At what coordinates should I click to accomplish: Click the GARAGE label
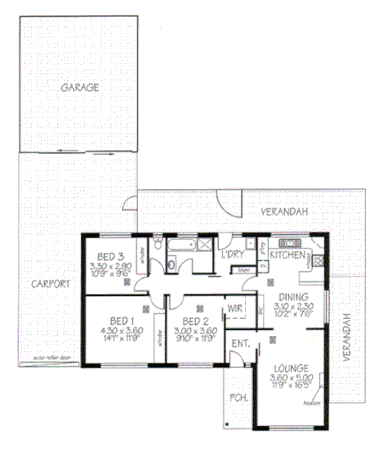tap(79, 87)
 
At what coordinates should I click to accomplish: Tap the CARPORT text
tap(45, 285)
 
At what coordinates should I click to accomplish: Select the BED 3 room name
tap(111, 257)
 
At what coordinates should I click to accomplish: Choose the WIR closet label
tap(236, 309)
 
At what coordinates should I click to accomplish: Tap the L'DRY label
tap(233, 255)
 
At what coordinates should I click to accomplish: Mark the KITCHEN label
tap(288, 255)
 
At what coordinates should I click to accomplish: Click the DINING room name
tap(294, 298)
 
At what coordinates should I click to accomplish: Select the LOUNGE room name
tap(291, 367)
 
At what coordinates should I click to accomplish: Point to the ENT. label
tap(240, 342)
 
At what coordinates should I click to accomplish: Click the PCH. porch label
tap(238, 397)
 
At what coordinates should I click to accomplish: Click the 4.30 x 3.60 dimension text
tap(120, 330)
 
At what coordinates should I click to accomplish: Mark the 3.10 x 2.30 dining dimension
tap(294, 307)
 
